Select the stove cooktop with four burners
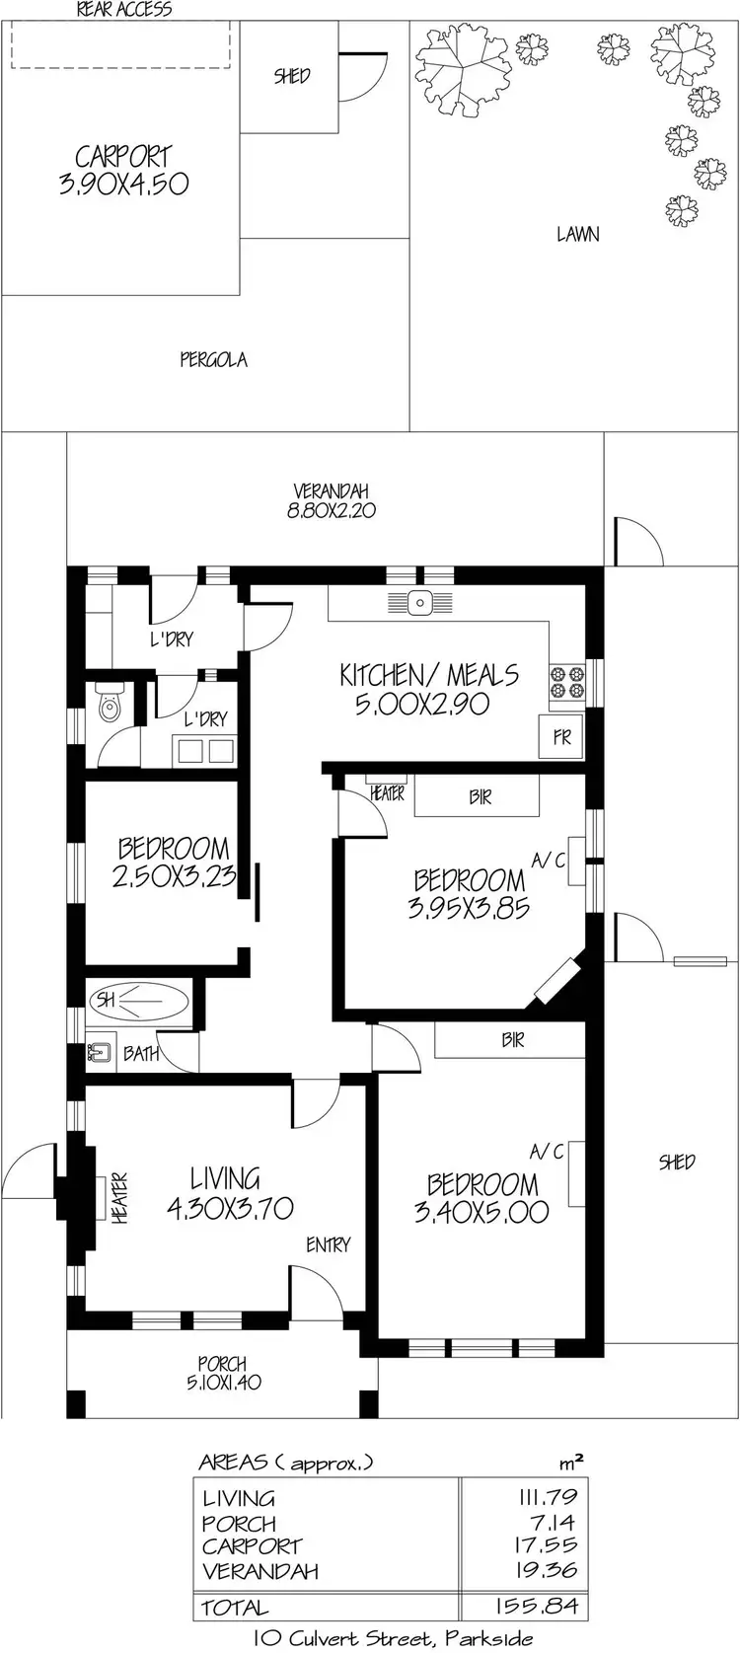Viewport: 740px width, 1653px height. click(x=567, y=682)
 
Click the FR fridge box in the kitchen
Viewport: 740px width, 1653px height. click(x=561, y=737)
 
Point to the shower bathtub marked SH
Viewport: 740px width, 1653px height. click(x=139, y=1000)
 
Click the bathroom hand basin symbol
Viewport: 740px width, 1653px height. click(x=100, y=1053)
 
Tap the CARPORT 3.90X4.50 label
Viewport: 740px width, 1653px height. click(x=123, y=170)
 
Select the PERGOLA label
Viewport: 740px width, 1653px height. click(x=213, y=360)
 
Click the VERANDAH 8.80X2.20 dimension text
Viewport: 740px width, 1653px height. click(x=331, y=501)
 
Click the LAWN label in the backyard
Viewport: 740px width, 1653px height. click(x=577, y=235)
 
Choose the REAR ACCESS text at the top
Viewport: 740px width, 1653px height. click(x=124, y=10)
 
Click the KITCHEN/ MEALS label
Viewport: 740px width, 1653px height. click(x=428, y=689)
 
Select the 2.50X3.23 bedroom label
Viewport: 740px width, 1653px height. click(x=173, y=863)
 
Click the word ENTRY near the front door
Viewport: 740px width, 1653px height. click(x=328, y=1245)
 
